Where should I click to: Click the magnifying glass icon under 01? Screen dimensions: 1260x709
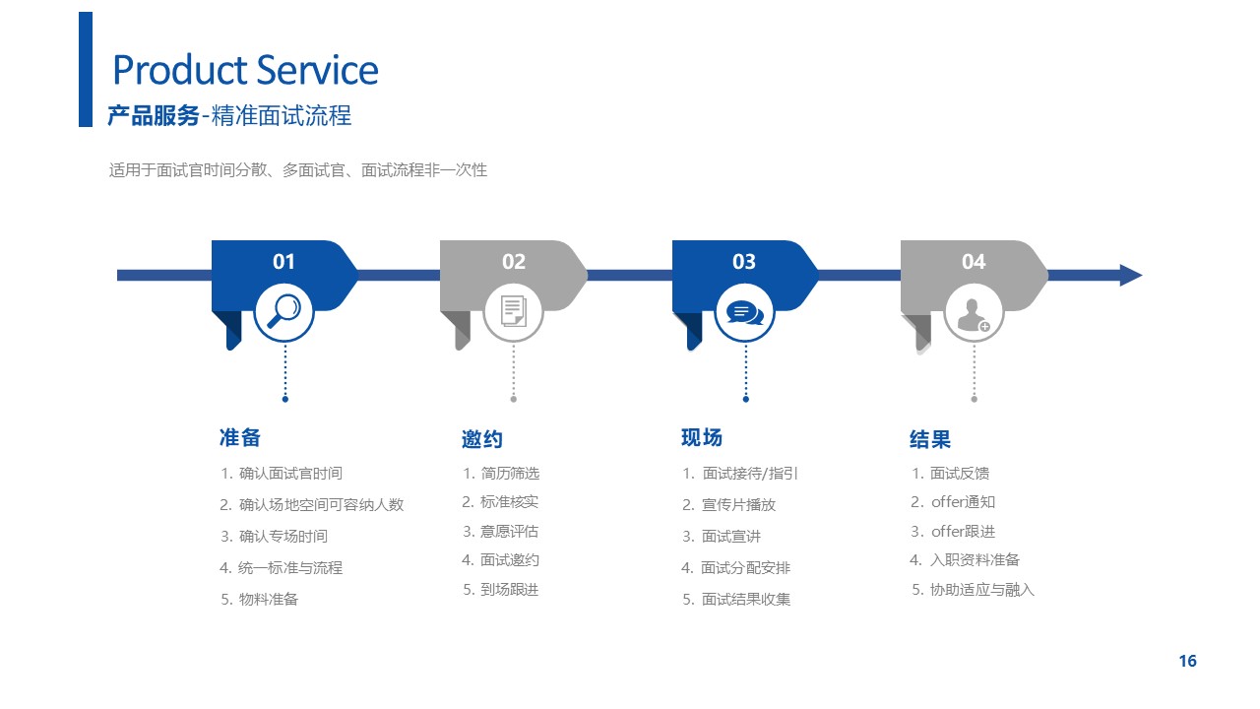pyautogui.click(x=284, y=311)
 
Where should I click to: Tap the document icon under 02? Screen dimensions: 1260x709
pyautogui.click(x=514, y=311)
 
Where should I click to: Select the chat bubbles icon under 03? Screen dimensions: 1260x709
pyautogui.click(x=745, y=313)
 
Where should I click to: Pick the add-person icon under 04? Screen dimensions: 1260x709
pyautogui.click(x=974, y=314)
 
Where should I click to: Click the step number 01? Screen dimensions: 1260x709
pyautogui.click(x=283, y=262)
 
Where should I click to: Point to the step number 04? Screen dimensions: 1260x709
pyautogui.click(x=974, y=262)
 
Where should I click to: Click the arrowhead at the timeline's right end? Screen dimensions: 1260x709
pyautogui.click(x=1131, y=275)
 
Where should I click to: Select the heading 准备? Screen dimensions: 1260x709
pyautogui.click(x=240, y=438)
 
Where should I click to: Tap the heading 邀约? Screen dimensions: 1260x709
pyautogui.click(x=482, y=439)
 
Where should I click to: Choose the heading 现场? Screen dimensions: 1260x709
pyautogui.click(x=702, y=438)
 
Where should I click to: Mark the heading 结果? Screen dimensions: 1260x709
pyautogui.click(x=930, y=439)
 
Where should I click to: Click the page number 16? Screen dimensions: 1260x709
pyautogui.click(x=1188, y=661)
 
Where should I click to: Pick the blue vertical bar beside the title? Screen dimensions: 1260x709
pyautogui.click(x=86, y=69)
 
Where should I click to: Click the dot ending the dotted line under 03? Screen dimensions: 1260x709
pyautogui.click(x=746, y=400)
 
